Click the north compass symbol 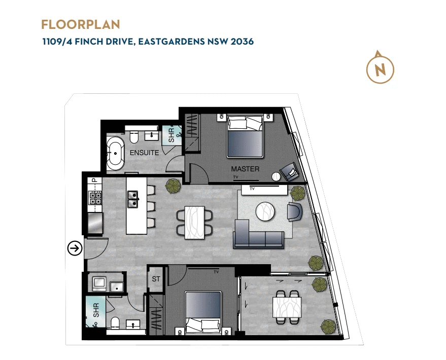(x=380, y=67)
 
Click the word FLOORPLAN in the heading (x=81, y=24)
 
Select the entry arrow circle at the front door (x=75, y=248)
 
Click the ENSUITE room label (x=145, y=153)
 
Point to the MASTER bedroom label (x=245, y=169)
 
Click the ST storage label (x=156, y=279)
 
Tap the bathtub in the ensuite (x=116, y=152)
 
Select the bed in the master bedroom (x=245, y=136)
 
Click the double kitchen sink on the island (x=133, y=199)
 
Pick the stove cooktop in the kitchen (x=95, y=198)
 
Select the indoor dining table (x=195, y=223)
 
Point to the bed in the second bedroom (x=203, y=312)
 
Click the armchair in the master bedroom (x=290, y=171)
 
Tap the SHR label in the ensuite (x=171, y=134)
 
